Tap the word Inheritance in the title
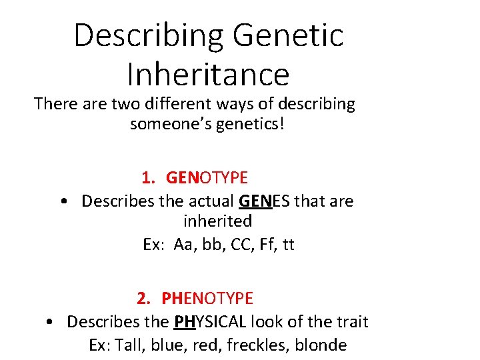(208, 75)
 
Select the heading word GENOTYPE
(207, 178)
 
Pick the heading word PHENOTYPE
(207, 298)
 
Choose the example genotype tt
(288, 245)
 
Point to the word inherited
(217, 221)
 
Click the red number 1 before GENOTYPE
(147, 178)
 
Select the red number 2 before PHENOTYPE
(142, 298)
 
